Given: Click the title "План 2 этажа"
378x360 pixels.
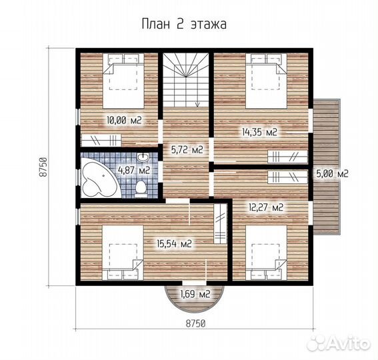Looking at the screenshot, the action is (x=184, y=25).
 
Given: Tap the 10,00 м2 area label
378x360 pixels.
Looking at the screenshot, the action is (x=124, y=120).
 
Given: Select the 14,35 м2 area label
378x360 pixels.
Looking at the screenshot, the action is (x=259, y=132).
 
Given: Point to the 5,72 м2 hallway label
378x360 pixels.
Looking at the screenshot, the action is (x=187, y=150).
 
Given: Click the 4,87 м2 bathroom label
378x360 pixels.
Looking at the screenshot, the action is (x=134, y=170).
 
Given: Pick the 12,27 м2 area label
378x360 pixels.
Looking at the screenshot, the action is (x=266, y=207).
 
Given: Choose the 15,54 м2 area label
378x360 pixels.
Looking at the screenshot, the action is (x=174, y=244).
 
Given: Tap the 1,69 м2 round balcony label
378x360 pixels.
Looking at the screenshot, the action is (x=195, y=294).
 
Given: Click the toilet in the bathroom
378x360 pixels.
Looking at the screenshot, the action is (x=141, y=189).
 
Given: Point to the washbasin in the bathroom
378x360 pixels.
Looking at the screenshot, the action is (x=143, y=157).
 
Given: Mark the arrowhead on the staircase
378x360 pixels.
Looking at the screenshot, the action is (x=197, y=105).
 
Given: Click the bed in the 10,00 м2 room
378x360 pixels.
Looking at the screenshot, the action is (x=123, y=81).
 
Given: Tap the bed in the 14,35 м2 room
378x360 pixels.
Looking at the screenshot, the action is (x=266, y=81).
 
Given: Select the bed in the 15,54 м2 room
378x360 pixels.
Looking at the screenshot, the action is (x=123, y=253).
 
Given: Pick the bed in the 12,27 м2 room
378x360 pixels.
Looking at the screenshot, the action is (x=266, y=253).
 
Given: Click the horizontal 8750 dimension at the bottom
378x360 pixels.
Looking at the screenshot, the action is (x=195, y=323).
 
